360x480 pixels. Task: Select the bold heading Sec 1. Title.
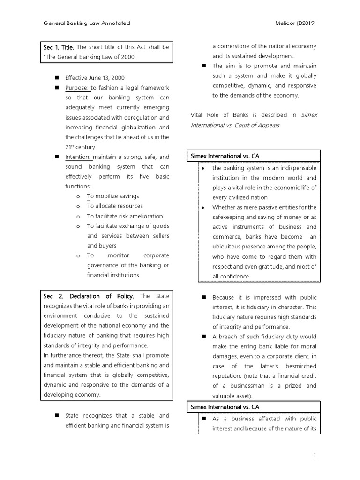coord(59,47)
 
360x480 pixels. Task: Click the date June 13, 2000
coord(108,78)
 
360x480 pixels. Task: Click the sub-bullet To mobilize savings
coord(112,196)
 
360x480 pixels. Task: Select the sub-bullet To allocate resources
coord(115,206)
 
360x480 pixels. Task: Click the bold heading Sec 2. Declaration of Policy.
coord(89,296)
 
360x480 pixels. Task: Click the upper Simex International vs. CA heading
coord(225,155)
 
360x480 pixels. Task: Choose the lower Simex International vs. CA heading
coord(225,406)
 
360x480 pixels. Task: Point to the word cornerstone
coord(238,46)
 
